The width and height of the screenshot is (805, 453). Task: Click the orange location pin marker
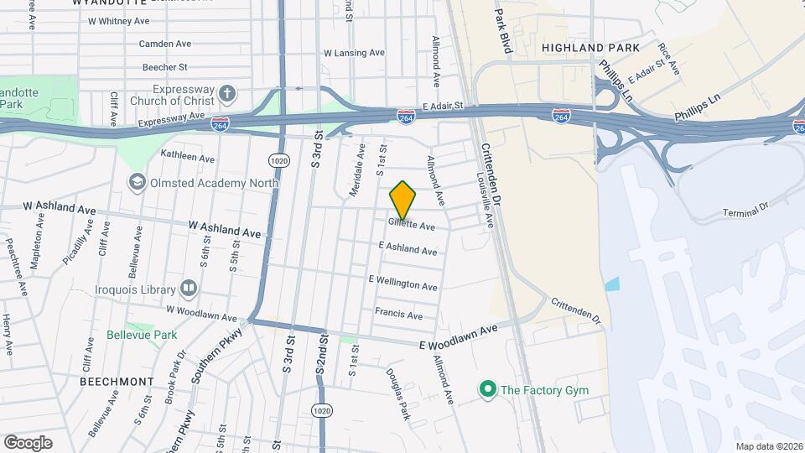(x=402, y=200)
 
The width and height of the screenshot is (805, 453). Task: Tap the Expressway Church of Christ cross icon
(x=226, y=91)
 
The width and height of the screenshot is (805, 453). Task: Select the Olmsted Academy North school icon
(x=135, y=181)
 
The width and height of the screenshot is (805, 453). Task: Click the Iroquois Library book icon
(x=189, y=289)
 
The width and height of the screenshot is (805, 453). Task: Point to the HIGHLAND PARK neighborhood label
(x=590, y=48)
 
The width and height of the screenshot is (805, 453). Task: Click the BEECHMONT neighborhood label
(x=117, y=381)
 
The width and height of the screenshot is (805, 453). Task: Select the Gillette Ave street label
(x=412, y=226)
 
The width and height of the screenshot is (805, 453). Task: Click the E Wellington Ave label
(x=402, y=282)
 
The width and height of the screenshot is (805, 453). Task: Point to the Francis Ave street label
(x=398, y=315)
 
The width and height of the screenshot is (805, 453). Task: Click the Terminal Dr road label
(x=746, y=210)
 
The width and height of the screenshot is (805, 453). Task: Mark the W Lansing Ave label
(x=355, y=53)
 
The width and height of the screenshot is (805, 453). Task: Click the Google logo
(x=28, y=442)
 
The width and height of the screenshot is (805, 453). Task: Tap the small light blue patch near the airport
(x=612, y=284)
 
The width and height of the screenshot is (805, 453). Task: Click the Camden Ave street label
(x=165, y=44)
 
